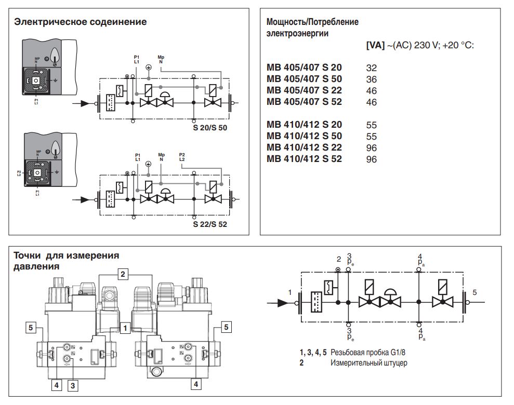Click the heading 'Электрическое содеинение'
81,22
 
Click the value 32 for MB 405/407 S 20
372,68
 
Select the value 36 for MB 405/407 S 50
372,79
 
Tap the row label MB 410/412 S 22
304,147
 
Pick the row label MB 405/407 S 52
304,102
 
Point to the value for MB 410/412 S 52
372,159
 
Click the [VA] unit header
375,45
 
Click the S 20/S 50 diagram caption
210,128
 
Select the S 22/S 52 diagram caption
210,224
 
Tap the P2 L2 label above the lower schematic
182,157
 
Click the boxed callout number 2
123,274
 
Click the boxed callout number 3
73,386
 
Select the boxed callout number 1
125,328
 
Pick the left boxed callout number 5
31,328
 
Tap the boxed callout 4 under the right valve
196,384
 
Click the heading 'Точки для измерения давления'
66,261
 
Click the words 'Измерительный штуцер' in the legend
369,363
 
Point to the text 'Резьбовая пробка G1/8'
368,353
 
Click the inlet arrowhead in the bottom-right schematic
283,303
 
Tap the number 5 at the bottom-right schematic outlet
475,292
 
